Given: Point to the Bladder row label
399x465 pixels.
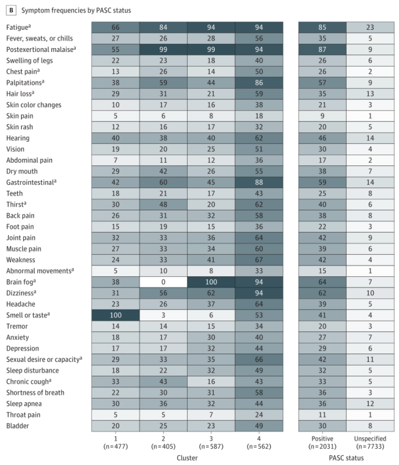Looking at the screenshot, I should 17,426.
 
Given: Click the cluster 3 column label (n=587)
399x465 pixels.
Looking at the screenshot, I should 211,442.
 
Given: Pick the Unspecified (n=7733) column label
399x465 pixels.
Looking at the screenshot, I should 370,442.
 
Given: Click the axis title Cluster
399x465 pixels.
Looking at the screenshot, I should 188,458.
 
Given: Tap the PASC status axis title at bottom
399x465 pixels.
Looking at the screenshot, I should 346,458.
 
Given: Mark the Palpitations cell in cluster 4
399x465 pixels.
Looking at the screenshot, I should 259,83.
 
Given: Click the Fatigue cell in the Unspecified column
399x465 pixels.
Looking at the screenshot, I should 370,27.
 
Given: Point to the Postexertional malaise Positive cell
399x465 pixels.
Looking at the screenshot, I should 322,49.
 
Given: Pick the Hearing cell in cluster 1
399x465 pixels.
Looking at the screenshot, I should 115,138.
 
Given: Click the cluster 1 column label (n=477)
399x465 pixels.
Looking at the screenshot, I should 115,442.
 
